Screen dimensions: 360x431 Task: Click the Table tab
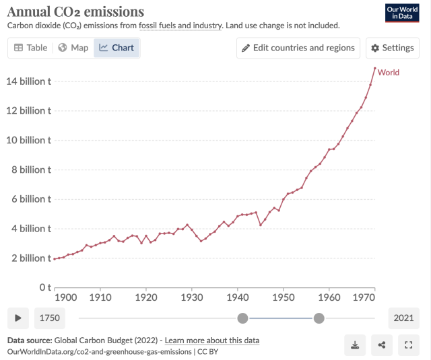pyautogui.click(x=31, y=48)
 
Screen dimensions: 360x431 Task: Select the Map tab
pyautogui.click(x=73, y=48)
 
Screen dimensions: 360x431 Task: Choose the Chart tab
pyautogui.click(x=117, y=48)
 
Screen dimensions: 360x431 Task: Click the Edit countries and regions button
pyautogui.click(x=298, y=48)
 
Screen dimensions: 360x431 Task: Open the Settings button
pyautogui.click(x=391, y=48)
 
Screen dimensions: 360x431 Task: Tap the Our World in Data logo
pyautogui.click(x=402, y=13)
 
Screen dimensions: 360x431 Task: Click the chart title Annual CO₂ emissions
pyautogui.click(x=75, y=11)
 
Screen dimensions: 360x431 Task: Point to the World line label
pyautogui.click(x=389, y=72)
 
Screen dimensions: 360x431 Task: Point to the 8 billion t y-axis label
pyautogui.click(x=29, y=170)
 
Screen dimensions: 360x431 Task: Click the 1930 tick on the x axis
pyautogui.click(x=192, y=296)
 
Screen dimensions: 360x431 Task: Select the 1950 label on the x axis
pyautogui.click(x=284, y=296)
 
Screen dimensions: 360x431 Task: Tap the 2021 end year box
pyautogui.click(x=403, y=318)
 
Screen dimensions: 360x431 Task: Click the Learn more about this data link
pyautogui.click(x=211, y=340)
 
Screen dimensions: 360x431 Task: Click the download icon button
pyautogui.click(x=355, y=345)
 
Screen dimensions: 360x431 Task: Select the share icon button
pyautogui.click(x=382, y=345)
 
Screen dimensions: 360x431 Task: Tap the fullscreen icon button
pyautogui.click(x=408, y=345)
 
